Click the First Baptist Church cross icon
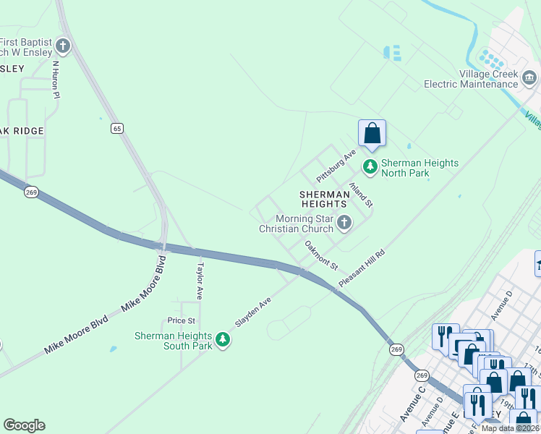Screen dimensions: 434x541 click(63, 46)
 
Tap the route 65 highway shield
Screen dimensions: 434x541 click(116, 128)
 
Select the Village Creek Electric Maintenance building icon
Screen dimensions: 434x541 click(529, 77)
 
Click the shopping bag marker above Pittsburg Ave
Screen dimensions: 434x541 click(372, 134)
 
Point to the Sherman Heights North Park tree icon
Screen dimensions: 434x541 click(370, 168)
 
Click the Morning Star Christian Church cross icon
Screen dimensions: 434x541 click(344, 223)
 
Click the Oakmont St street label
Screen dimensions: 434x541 click(321, 255)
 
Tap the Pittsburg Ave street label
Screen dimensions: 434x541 click(336, 166)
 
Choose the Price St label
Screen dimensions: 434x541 click(182, 320)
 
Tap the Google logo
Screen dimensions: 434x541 click(24, 425)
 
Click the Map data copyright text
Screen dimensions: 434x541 click(511, 428)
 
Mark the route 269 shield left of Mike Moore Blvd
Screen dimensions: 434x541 click(30, 192)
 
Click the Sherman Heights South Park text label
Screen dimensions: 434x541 click(174, 341)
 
